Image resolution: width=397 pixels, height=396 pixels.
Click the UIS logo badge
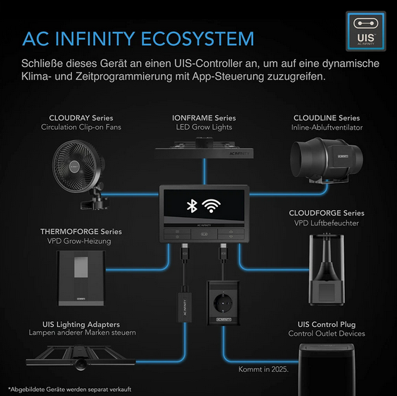(x=366, y=31)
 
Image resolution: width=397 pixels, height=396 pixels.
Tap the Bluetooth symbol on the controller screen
(x=192, y=206)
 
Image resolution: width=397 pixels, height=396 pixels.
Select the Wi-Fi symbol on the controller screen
(x=211, y=206)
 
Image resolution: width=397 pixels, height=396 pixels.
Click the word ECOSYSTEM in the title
(x=197, y=39)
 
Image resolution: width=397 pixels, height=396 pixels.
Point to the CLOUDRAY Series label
(x=81, y=118)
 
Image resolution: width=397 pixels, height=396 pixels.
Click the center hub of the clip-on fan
(x=74, y=167)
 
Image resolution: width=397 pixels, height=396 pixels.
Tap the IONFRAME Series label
(x=204, y=118)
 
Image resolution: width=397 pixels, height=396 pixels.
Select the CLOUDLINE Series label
(x=326, y=118)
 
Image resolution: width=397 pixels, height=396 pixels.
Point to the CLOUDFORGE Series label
(x=326, y=213)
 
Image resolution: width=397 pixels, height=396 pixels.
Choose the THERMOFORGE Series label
(x=81, y=232)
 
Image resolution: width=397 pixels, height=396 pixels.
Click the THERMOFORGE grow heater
(x=81, y=278)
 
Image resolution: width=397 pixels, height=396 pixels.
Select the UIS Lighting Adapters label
(x=81, y=324)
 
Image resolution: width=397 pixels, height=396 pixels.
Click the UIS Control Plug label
(x=326, y=324)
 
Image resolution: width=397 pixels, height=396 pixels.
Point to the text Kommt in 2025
(x=263, y=369)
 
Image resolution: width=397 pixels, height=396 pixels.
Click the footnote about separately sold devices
(x=70, y=389)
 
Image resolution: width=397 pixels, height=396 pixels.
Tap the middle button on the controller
(x=204, y=234)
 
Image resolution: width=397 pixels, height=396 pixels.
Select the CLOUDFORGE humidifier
(x=326, y=269)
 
